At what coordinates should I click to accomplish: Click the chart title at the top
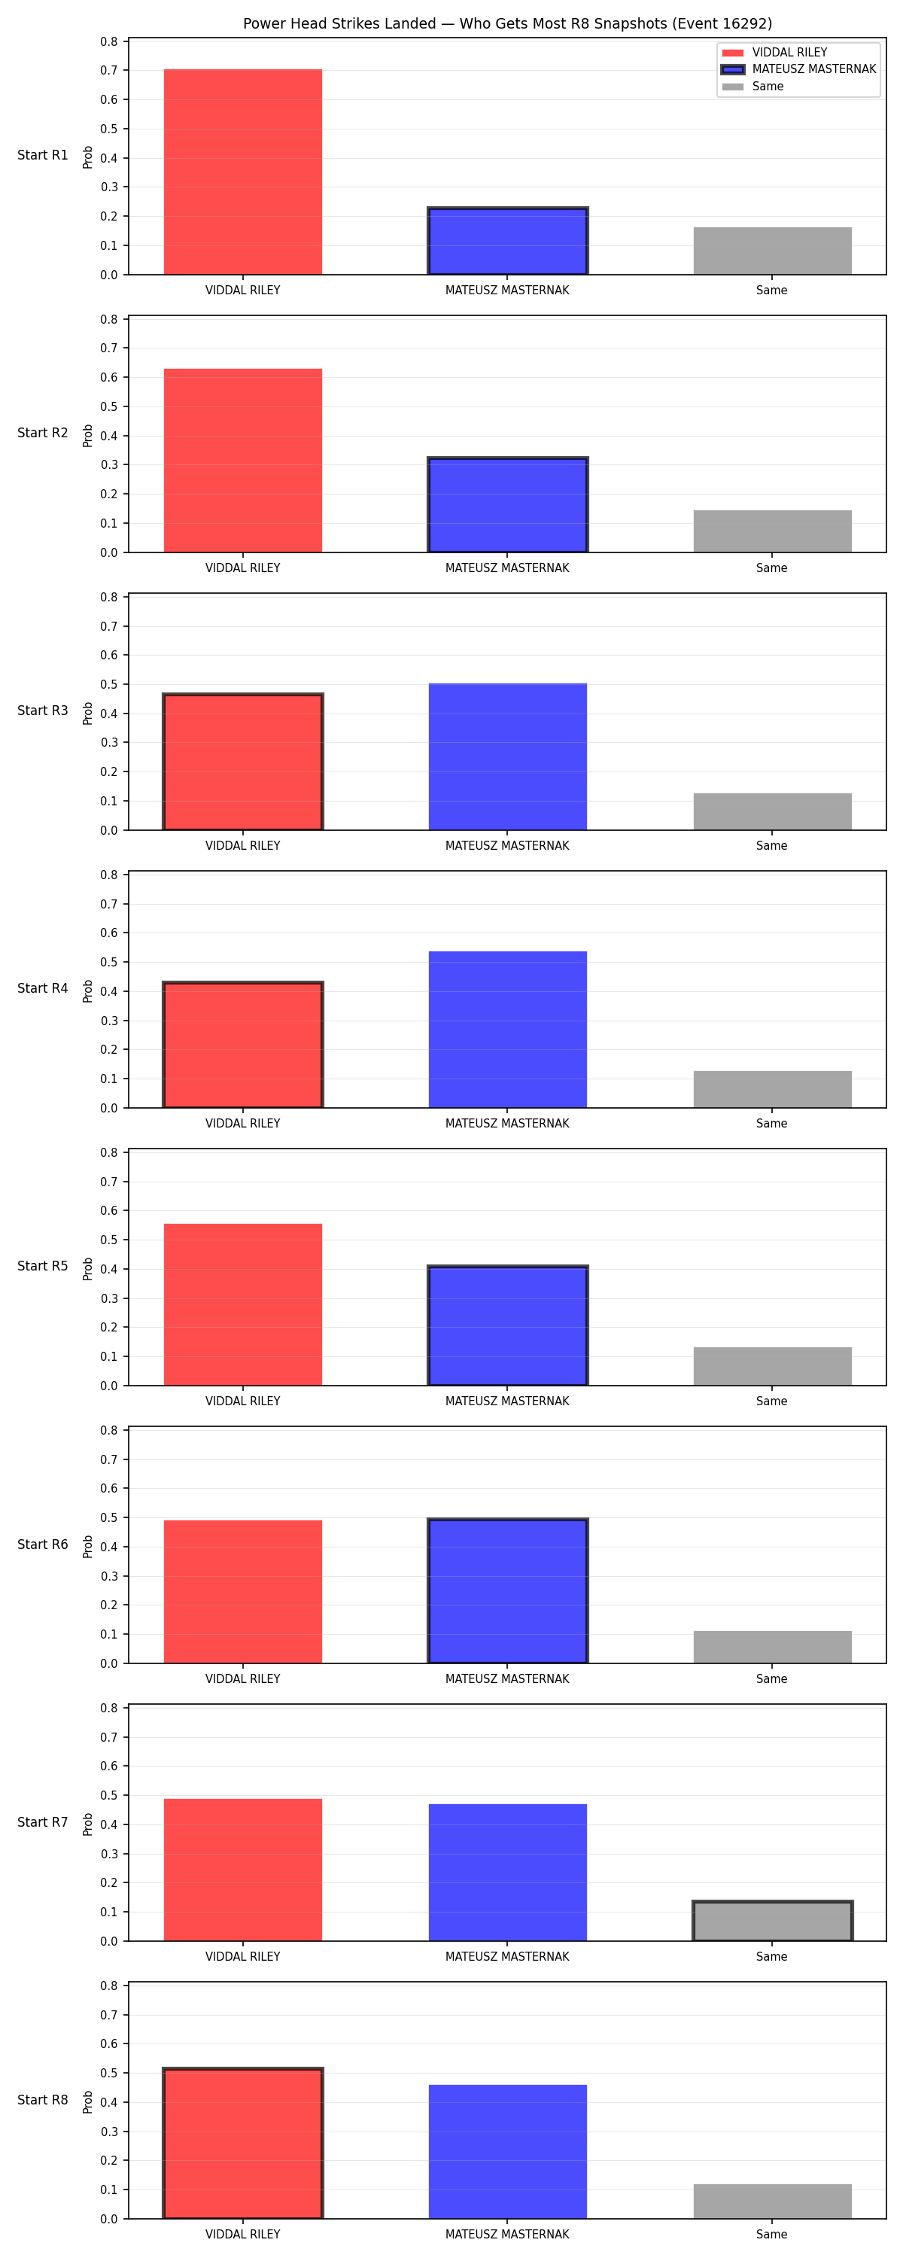coord(508,23)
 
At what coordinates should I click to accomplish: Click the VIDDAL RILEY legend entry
coord(774,53)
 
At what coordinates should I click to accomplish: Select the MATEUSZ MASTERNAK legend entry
coord(798,69)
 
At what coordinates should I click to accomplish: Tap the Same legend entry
coord(753,87)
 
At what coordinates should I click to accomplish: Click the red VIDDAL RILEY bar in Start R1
coord(243,172)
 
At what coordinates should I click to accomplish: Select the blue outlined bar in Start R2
coord(508,505)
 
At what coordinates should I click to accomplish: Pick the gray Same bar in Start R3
coord(772,811)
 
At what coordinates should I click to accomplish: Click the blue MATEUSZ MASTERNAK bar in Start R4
coord(508,1030)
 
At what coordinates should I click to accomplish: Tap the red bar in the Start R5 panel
coord(243,1304)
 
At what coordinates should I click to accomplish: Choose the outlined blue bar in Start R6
coord(508,1591)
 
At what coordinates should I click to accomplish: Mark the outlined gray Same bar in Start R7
coord(772,1922)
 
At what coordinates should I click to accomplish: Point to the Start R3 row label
coord(43,711)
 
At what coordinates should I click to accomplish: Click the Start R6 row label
coord(43,1544)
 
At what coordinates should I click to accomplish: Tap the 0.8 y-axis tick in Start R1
coord(108,42)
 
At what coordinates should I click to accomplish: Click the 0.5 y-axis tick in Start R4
coord(108,963)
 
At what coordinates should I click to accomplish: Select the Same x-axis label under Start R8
coord(772,2235)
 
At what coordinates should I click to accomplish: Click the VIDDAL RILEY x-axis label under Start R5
coord(243,1401)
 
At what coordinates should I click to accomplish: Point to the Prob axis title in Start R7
coord(88,1825)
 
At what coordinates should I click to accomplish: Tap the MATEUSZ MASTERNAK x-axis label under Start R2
coord(508,568)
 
